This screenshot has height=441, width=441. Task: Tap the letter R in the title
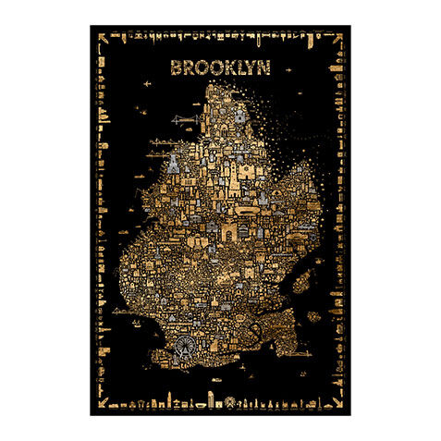[188, 67]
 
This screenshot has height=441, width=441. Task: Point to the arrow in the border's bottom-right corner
[338, 403]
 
